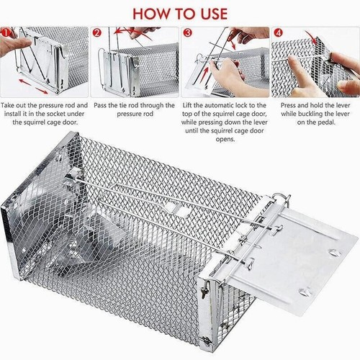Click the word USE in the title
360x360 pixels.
pos(210,13)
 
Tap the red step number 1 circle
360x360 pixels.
pos(6,32)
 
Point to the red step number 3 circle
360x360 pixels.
pos(187,32)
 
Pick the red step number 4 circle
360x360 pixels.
pos(277,32)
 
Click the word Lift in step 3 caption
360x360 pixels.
pos(192,104)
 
